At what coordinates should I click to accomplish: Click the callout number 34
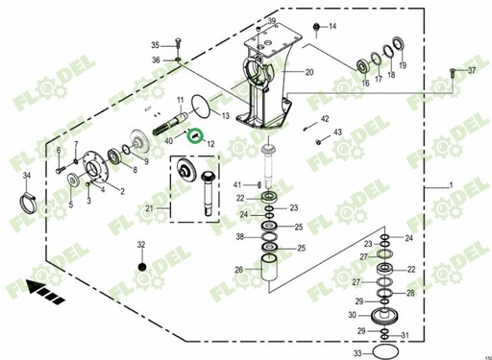click(x=26, y=174)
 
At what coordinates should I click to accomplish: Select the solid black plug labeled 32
click(x=141, y=265)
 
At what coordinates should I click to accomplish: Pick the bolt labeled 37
click(x=450, y=72)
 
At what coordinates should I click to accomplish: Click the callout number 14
click(x=333, y=26)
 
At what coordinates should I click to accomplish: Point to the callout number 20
click(x=309, y=73)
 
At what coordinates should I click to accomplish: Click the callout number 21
click(x=148, y=207)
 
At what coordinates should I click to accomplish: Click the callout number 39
click(x=272, y=21)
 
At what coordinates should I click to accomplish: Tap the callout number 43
click(x=336, y=132)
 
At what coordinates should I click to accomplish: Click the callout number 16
click(x=364, y=84)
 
